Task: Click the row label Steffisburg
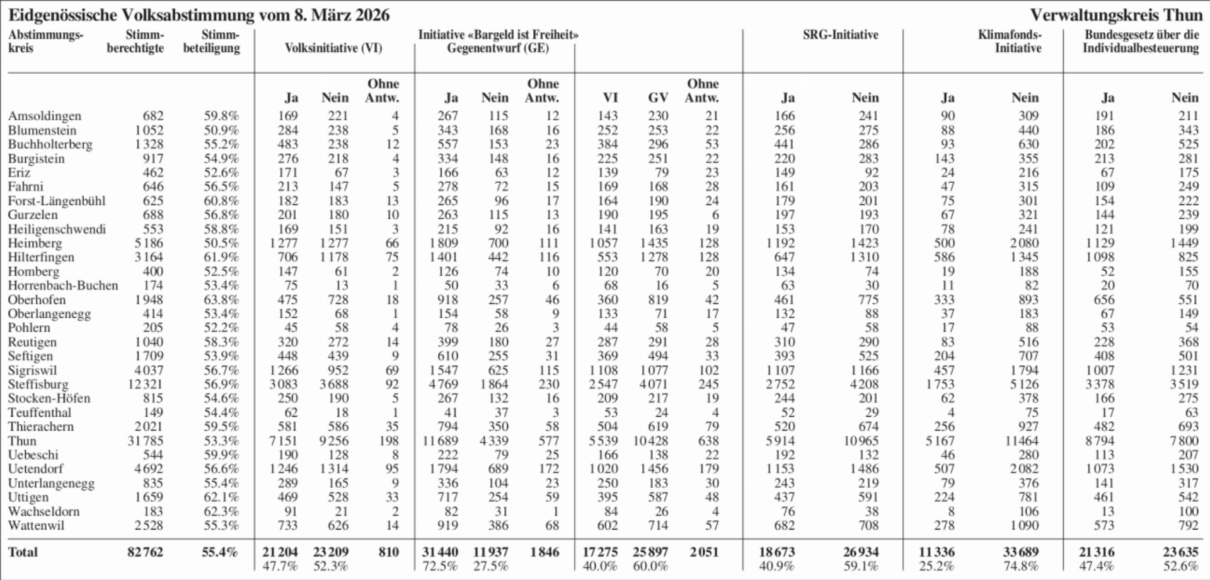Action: click(x=38, y=385)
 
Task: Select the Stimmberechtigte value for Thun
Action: click(x=145, y=441)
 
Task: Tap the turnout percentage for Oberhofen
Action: click(x=221, y=299)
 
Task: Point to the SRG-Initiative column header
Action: click(x=840, y=35)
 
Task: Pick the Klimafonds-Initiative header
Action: click(x=1010, y=42)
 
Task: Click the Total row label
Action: click(x=23, y=552)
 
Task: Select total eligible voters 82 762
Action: click(x=145, y=552)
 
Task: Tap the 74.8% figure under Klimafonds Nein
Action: click(x=1020, y=566)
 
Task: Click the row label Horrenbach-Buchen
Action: click(x=63, y=286)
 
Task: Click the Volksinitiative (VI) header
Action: click(x=333, y=49)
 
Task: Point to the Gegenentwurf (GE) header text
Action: click(x=498, y=49)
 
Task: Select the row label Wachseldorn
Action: click(x=44, y=511)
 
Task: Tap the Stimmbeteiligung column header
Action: click(x=212, y=42)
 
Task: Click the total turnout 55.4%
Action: click(x=220, y=552)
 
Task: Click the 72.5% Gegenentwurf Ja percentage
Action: click(x=440, y=566)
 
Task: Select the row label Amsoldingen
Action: click(x=44, y=116)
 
